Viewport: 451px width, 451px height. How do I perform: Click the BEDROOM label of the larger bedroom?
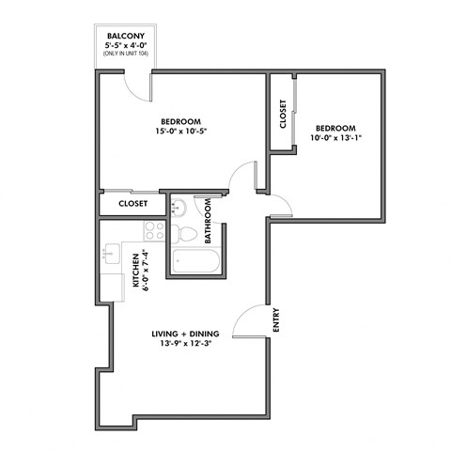[179, 121]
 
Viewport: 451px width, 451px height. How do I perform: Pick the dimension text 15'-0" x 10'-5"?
[179, 132]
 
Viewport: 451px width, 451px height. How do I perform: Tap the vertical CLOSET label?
[283, 114]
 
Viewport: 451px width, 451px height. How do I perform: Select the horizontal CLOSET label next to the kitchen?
[133, 204]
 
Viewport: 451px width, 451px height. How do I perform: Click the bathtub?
[194, 262]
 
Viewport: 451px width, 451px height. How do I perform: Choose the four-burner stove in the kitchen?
[153, 230]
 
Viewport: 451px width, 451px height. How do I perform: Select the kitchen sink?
[111, 252]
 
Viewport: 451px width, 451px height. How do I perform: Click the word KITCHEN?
[135, 271]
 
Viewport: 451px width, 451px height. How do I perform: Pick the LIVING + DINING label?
[186, 334]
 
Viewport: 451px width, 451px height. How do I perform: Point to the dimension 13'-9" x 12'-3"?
[186, 346]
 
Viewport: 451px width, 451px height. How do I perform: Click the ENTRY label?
[277, 322]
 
